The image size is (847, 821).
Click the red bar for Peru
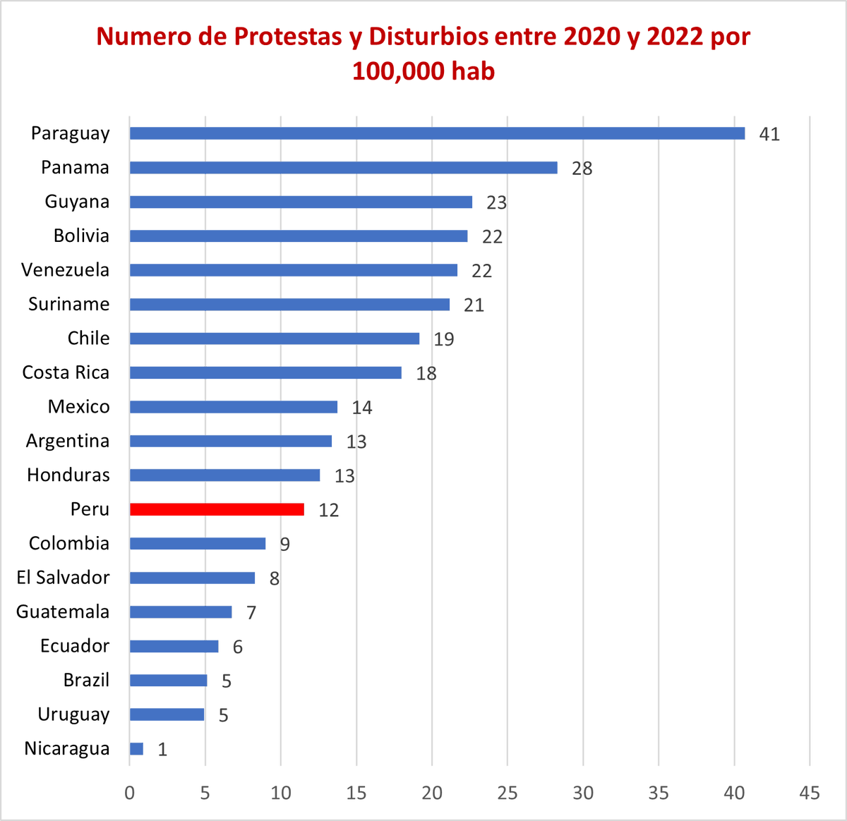click(217, 509)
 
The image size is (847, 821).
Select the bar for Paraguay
click(437, 133)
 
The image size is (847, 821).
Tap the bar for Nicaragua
click(136, 748)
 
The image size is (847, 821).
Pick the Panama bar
click(343, 168)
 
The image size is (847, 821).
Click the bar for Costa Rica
click(265, 372)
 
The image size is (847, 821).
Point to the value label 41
click(769, 134)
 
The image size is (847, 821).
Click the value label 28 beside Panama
click(582, 169)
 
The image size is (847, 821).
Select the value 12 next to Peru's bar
click(328, 510)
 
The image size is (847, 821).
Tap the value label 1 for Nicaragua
click(162, 749)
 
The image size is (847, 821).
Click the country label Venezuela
click(65, 270)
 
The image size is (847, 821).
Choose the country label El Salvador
click(63, 578)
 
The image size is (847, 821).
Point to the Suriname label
click(68, 304)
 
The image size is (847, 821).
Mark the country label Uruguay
click(73, 714)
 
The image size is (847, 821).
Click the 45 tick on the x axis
click(809, 793)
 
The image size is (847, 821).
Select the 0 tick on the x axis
click(130, 793)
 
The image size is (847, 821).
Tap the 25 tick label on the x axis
click(507, 793)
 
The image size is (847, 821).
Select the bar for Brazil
click(168, 680)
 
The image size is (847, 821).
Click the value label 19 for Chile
click(443, 339)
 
